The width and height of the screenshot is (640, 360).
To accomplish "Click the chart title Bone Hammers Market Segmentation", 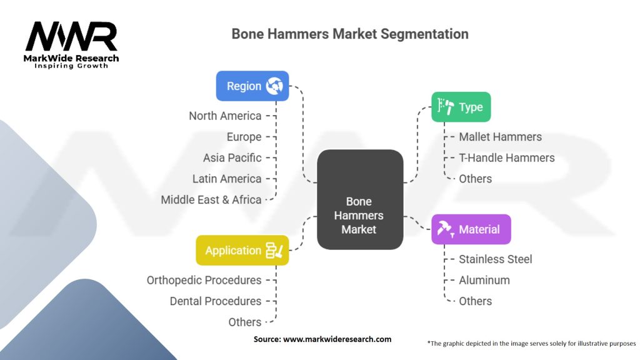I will click(x=349, y=34).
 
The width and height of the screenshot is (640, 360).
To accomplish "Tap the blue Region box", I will click(x=252, y=86).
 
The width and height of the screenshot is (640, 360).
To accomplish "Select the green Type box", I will click(x=461, y=107).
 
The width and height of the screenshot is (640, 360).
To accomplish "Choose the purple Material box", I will click(x=471, y=229).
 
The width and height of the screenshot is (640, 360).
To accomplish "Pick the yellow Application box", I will click(x=242, y=250).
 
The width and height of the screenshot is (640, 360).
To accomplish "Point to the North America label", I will click(x=226, y=116).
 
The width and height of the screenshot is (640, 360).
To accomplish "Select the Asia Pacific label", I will click(x=232, y=157).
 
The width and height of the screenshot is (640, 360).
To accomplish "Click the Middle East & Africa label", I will click(x=211, y=199).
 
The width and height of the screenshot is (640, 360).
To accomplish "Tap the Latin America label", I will click(x=227, y=179).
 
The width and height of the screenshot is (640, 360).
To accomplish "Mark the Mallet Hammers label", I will click(x=500, y=137).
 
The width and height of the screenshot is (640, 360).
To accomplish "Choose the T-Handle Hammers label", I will click(x=506, y=157).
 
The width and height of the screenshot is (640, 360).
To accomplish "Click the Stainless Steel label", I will click(x=496, y=259).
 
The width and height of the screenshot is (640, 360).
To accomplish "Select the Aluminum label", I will click(x=484, y=280).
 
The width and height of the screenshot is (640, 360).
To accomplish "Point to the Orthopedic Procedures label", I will click(x=204, y=280).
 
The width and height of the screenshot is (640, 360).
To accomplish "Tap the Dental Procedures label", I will click(x=216, y=301).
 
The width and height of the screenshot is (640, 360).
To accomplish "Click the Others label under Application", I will click(x=245, y=322).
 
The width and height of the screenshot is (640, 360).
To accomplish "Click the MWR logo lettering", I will click(x=71, y=37).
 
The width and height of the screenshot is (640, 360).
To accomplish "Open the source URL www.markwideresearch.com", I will click(x=337, y=339).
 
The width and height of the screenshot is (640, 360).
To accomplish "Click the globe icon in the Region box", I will click(x=274, y=86).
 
